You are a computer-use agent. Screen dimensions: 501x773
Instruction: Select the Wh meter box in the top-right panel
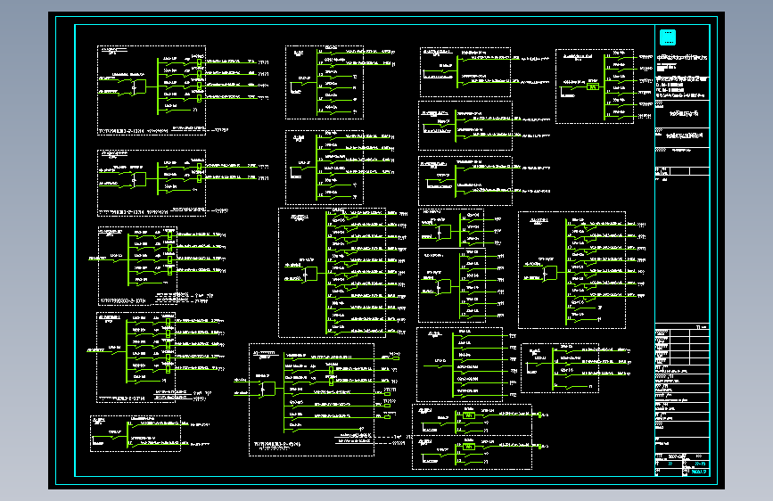click(x=592, y=86)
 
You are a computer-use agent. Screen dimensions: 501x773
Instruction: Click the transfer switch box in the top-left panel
click(x=136, y=86)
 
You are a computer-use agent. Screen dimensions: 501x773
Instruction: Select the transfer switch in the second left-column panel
click(x=136, y=177)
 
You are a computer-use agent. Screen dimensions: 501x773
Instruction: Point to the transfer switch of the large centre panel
click(x=309, y=272)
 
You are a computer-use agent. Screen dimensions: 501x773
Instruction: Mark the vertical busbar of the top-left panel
click(x=157, y=87)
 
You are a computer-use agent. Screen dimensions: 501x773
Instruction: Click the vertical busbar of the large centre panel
click(x=326, y=272)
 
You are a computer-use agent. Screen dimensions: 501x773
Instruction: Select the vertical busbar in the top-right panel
click(x=604, y=86)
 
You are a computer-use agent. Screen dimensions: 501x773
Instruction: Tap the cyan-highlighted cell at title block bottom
click(x=697, y=472)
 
